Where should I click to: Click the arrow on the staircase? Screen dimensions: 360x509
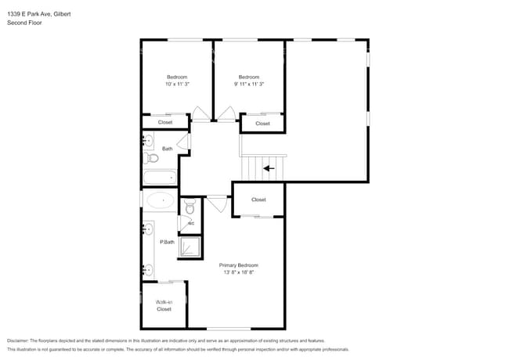pos(269,167)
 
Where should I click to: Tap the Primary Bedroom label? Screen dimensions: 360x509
pos(237,265)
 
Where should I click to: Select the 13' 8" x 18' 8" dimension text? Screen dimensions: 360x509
pos(237,272)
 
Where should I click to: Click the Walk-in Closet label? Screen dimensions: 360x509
pos(164,305)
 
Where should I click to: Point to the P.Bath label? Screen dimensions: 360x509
pos(167,242)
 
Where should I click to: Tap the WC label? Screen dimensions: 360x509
pos(190,223)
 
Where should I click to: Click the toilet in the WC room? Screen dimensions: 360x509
pos(189,207)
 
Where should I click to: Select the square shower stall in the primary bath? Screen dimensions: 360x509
pos(190,247)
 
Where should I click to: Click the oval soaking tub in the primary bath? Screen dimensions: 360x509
pos(161,201)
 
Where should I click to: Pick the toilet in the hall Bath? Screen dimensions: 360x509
pos(152,158)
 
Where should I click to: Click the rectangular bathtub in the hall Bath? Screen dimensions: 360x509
pos(161,178)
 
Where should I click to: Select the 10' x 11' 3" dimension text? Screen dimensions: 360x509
pos(177,84)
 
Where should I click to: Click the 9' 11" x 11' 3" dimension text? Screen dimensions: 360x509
pos(249,84)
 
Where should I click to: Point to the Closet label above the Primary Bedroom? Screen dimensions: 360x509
pos(258,200)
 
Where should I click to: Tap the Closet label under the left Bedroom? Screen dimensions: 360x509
pos(165,122)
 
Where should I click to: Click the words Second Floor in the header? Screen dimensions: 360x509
pos(24,23)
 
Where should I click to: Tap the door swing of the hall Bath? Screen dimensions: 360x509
pos(184,141)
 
